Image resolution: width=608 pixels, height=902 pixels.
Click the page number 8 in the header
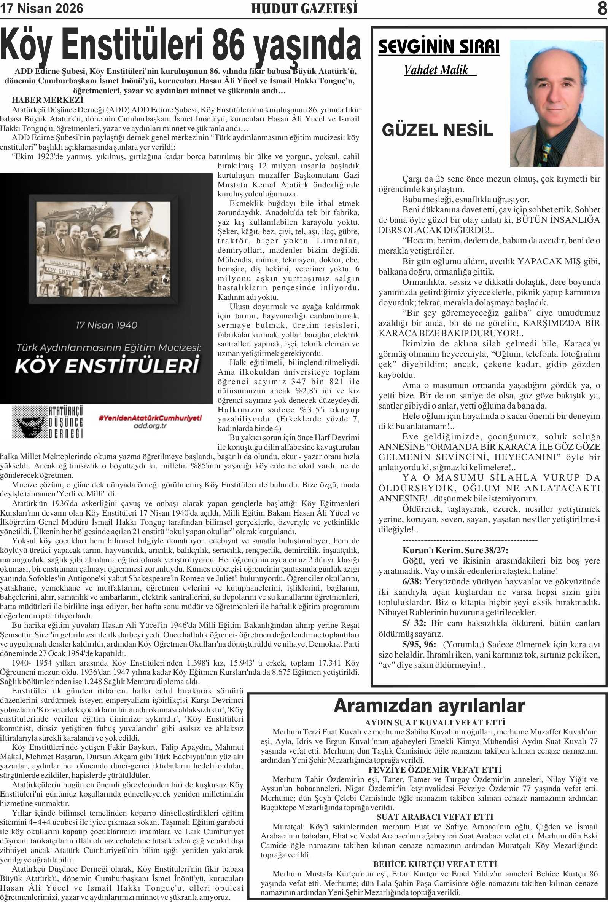pos(602,8)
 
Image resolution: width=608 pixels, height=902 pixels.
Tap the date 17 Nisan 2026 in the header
pos(41,8)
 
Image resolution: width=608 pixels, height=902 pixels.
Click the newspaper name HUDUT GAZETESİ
pos(304,8)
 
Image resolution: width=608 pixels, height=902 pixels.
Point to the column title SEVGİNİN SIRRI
pos(439,47)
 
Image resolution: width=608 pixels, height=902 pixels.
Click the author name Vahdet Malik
pos(436,70)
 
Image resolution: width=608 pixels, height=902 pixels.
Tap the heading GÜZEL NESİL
pos(438,129)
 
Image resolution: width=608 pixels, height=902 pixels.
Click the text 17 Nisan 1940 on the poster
pos(107,325)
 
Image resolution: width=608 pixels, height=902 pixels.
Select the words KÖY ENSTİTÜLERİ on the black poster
pos(107,366)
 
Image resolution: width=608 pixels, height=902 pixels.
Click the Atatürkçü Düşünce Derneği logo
pos(47,422)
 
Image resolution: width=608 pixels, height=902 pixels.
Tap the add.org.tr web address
pos(150,426)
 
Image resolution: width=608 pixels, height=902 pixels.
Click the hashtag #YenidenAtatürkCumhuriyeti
pos(150,418)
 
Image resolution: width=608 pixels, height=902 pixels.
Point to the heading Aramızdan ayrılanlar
pos(429,706)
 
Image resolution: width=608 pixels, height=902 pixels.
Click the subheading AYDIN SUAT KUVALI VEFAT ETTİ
pos(435,723)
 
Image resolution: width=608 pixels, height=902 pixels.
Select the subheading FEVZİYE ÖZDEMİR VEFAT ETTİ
pos(435,770)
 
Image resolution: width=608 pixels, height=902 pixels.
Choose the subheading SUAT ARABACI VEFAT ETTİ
pos(435,817)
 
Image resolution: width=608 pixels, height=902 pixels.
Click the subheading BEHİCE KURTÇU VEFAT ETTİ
pos(435,864)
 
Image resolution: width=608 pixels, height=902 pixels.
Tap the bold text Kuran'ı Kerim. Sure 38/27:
pos(455,550)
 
